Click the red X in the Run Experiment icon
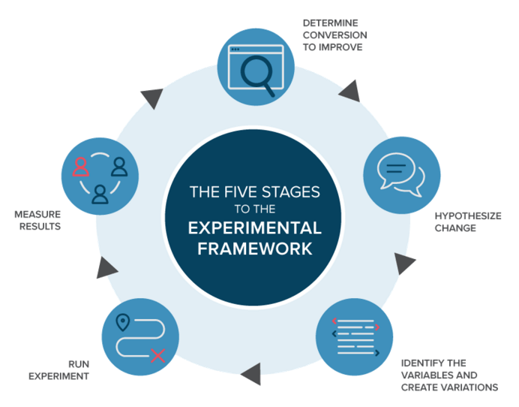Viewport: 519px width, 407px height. coord(157,354)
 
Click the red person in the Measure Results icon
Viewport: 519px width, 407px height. coord(81,166)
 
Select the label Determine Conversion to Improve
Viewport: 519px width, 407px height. coord(335,35)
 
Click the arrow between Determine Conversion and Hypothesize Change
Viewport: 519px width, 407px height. coord(349,92)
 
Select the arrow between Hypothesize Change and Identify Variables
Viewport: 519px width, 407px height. coord(404,263)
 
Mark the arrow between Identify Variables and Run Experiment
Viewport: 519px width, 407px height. coord(250,371)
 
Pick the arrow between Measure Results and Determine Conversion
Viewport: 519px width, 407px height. coord(152,98)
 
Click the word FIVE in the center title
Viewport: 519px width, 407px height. coord(239,192)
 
